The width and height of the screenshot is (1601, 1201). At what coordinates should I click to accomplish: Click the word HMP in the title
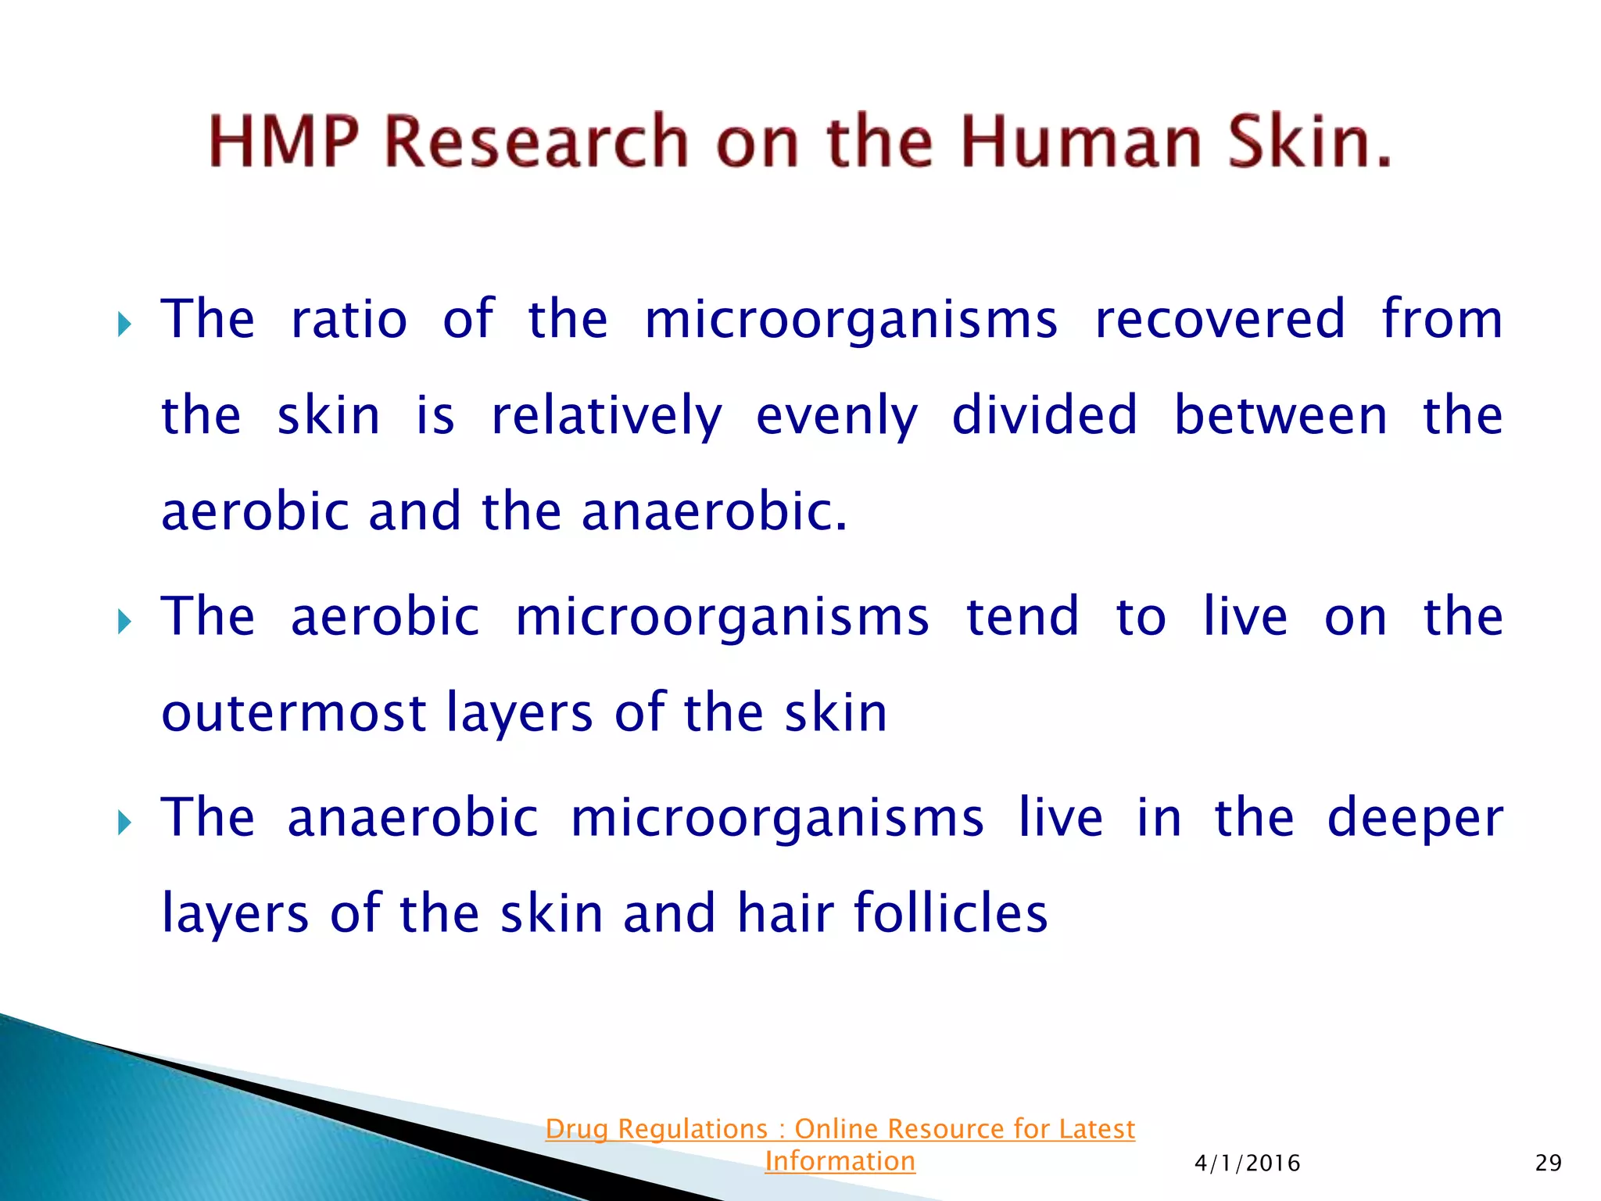coord(284,142)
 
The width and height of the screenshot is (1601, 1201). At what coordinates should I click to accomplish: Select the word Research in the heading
coord(536,142)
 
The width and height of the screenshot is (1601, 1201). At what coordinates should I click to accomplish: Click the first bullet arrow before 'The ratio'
coord(124,324)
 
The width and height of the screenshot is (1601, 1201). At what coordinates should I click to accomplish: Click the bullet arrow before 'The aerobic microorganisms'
coord(124,622)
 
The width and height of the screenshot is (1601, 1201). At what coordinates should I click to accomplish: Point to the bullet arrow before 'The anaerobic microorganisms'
coord(124,823)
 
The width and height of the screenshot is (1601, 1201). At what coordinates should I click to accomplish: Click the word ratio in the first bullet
coord(349,320)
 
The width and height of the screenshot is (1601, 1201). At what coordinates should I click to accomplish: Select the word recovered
coord(1220,320)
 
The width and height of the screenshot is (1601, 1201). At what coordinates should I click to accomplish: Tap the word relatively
coord(607,416)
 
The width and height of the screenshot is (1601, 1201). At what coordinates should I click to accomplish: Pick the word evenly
coord(836,416)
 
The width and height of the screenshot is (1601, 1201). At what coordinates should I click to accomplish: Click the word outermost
coord(294,713)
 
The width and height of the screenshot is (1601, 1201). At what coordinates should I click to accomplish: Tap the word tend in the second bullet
coord(1023,617)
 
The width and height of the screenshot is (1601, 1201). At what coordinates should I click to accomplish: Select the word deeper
coord(1415,819)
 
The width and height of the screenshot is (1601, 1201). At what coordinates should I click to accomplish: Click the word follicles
coord(951,912)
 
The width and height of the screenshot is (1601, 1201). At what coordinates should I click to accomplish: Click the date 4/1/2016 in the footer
coord(1247,1163)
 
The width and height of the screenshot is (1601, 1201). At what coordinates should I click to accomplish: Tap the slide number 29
coord(1548,1163)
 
